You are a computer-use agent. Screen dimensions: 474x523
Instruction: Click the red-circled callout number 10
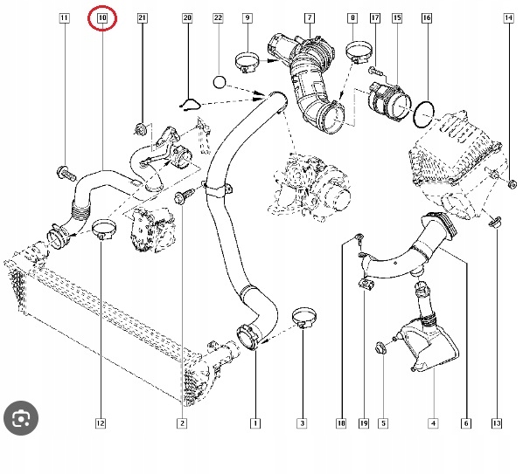coord(102,17)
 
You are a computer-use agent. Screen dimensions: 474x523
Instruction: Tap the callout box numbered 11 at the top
coord(63,17)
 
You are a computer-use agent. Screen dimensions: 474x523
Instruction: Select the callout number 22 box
coord(218,17)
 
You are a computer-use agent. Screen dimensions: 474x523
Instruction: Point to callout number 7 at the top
coord(309,17)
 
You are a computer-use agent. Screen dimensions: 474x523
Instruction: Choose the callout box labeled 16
coord(426,17)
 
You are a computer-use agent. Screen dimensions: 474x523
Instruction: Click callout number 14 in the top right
coord(508,17)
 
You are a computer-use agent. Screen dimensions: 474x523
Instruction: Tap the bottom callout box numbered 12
coord(101,423)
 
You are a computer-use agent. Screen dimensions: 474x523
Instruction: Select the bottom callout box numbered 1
coord(255,423)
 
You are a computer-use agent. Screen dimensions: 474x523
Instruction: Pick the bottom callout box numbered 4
coord(432,423)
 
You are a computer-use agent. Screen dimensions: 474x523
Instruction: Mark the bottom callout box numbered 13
coord(496,423)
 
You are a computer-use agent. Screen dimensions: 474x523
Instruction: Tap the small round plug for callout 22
coord(220,82)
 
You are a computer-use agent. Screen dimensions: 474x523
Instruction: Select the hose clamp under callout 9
coord(248,62)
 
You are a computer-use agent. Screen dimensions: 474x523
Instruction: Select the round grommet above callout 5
coord(381,347)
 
